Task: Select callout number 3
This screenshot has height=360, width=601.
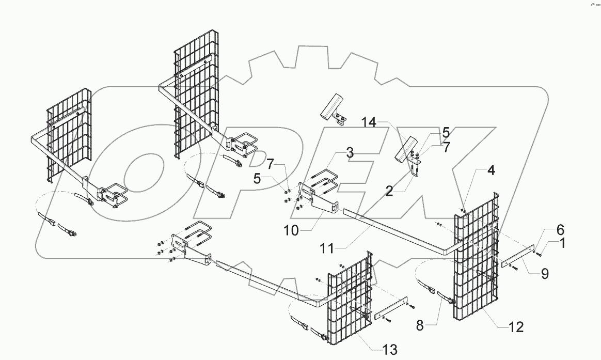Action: click(350, 152)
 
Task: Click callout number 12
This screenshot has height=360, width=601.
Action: click(516, 326)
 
